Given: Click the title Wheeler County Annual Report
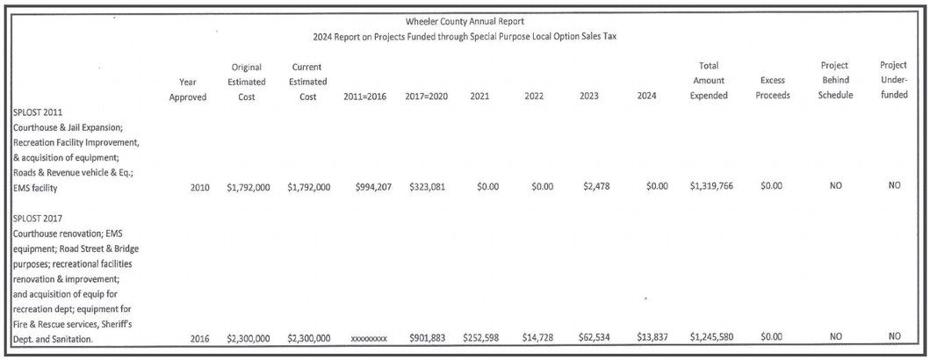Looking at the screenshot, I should tap(465, 20).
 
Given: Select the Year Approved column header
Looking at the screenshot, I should tap(188, 89).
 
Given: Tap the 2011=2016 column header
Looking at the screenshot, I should tap(368, 97).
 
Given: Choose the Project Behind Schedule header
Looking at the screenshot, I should tap(835, 81).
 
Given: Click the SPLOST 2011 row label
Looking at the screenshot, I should tap(39, 112).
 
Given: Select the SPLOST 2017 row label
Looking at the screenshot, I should tap(39, 217).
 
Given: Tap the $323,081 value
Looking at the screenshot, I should tap(428, 186).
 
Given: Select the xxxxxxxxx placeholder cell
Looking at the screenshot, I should tap(368, 337).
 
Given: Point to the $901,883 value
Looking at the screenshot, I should tap(428, 336).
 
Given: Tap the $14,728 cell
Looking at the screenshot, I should tap(535, 336).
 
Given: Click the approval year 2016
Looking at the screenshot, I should tap(199, 336).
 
